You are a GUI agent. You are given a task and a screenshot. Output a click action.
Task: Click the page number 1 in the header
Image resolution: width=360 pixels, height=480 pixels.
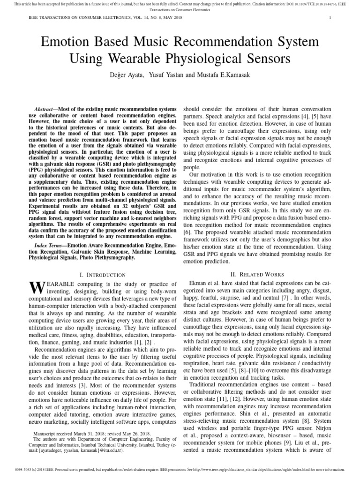click(330, 18)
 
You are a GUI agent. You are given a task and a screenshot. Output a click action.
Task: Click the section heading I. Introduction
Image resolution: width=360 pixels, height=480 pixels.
click(103, 275)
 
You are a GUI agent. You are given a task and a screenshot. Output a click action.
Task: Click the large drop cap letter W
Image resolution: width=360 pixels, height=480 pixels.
click(36, 288)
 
